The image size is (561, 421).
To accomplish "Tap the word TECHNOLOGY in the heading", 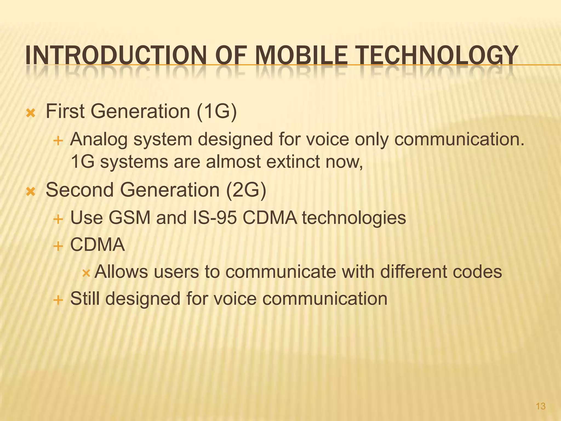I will coord(437,56).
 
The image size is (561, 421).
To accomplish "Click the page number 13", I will coord(540,406).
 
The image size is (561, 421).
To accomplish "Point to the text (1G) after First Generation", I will coord(216,112).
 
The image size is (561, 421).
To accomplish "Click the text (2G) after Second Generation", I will coord(246,190).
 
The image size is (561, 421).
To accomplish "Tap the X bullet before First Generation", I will coord(30,113).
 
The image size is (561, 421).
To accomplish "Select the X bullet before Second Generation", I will coord(30,191).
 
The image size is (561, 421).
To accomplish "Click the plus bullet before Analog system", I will coord(58,141).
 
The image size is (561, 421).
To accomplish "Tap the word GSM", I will coord(130,218).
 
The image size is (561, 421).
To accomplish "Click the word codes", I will coord(477,272).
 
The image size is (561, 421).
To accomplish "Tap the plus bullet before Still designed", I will coord(58,300).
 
